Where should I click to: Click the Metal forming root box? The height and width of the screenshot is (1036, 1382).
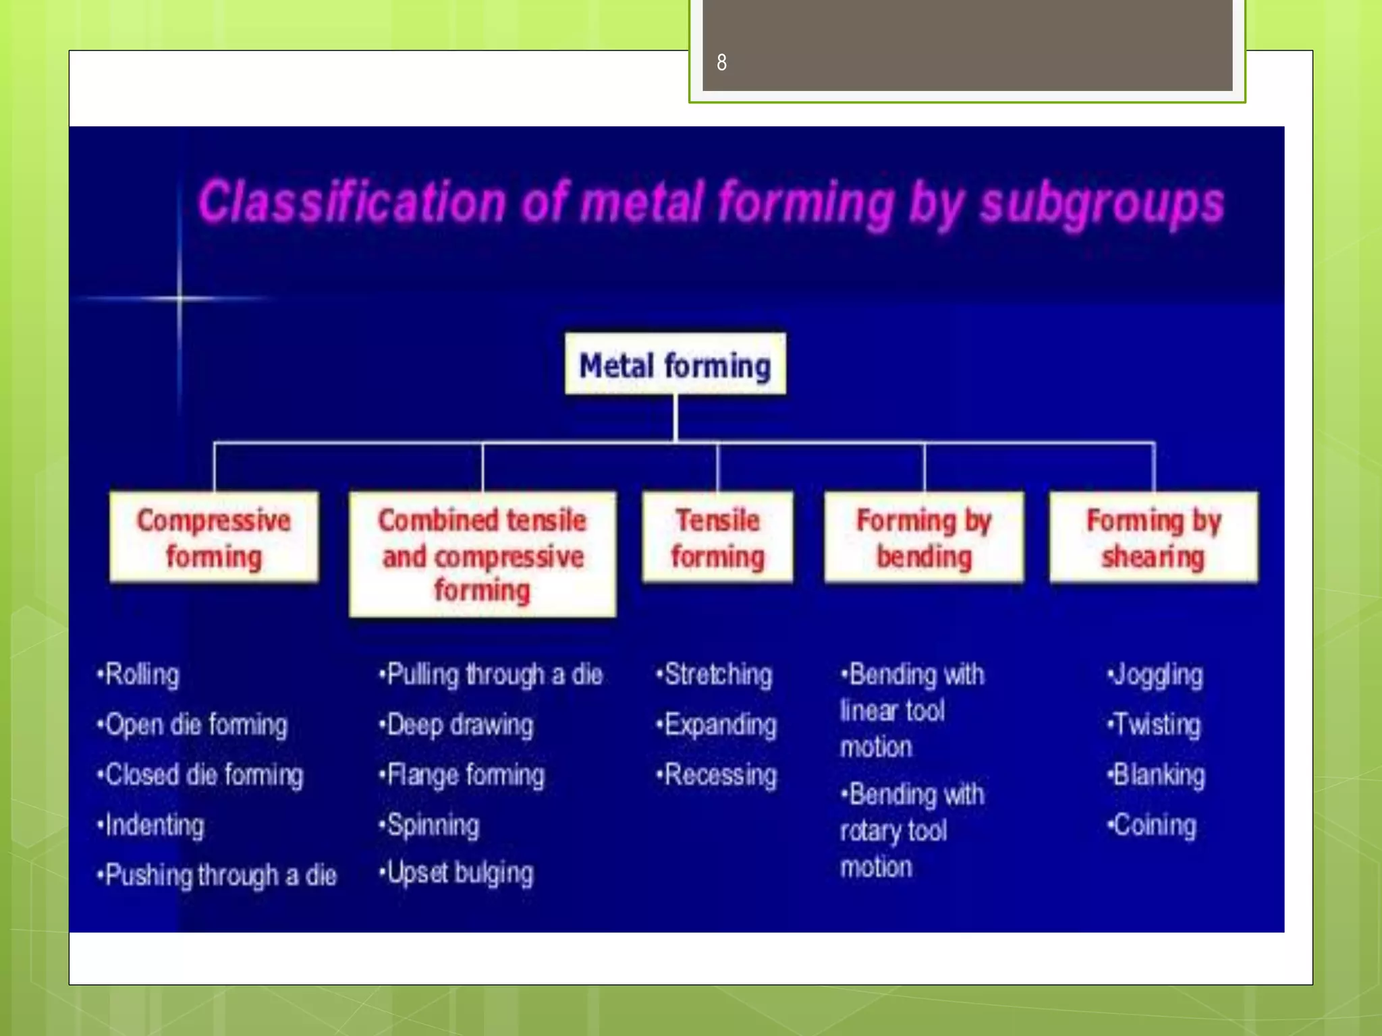[x=675, y=364]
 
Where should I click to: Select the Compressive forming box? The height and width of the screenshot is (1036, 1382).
[x=213, y=537]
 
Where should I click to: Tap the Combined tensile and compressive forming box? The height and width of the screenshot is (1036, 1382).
[x=482, y=554]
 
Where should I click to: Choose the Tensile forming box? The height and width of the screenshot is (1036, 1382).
[x=717, y=537]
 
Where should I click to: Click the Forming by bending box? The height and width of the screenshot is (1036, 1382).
[x=923, y=537]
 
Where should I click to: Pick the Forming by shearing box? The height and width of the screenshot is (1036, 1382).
[x=1153, y=537]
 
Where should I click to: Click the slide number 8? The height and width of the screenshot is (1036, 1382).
[x=721, y=63]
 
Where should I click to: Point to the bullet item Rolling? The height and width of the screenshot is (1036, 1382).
[x=139, y=674]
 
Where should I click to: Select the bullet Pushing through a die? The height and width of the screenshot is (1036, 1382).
[x=217, y=875]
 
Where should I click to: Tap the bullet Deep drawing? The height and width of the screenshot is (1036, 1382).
[x=457, y=725]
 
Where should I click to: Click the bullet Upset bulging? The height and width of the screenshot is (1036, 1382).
[x=457, y=873]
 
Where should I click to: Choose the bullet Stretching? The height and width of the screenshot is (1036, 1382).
[x=715, y=674]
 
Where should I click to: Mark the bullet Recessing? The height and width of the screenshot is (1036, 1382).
[x=717, y=775]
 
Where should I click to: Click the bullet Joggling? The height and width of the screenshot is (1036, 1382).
[x=1155, y=674]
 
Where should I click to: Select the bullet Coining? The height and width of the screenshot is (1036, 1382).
[x=1152, y=825]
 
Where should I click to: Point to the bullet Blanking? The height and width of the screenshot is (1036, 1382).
[x=1156, y=775]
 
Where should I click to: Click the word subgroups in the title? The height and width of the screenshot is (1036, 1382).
[x=1101, y=204]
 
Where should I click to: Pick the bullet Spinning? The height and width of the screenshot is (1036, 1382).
[x=430, y=825]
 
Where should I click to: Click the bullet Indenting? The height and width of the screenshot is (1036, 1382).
[x=151, y=825]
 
